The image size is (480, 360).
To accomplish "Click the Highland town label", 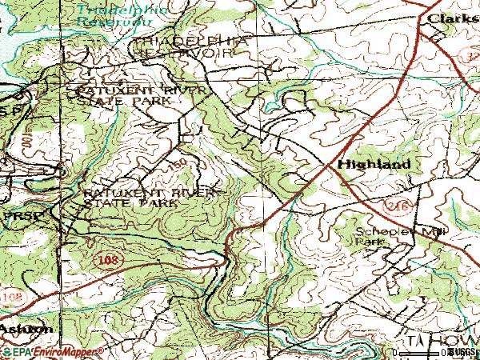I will point(374,164).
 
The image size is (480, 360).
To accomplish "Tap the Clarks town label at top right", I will point(452,17).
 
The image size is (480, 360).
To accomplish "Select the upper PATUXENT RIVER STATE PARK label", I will point(131,97).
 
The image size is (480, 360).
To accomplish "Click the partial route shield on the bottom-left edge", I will point(6,297).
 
